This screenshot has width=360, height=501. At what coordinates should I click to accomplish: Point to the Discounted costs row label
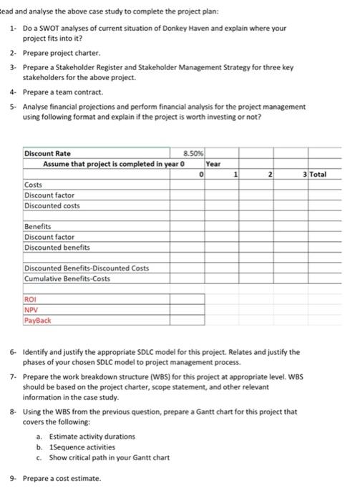tap(52, 205)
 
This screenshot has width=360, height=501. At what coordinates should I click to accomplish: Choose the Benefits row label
tap(38, 226)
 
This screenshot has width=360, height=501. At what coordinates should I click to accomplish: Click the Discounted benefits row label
tap(57, 247)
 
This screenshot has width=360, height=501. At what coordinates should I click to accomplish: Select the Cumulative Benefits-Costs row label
tap(67, 278)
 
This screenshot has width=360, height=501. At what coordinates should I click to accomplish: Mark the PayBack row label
tap(37, 321)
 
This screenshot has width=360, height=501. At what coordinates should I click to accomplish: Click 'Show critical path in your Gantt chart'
tap(114, 457)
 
